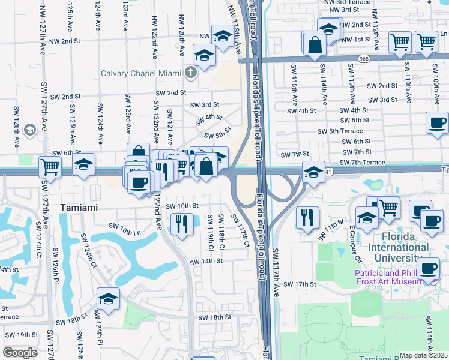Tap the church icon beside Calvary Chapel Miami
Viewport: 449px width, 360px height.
(191, 74)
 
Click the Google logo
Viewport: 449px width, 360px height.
(20, 353)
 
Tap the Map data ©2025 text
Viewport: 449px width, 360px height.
(424, 355)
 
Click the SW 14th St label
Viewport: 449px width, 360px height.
(206, 262)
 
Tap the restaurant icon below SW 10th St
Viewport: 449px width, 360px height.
(181, 224)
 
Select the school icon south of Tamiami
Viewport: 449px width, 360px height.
(108, 299)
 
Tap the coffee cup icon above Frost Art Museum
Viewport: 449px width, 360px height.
(428, 269)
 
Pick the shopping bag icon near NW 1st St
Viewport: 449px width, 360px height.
(315, 45)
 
